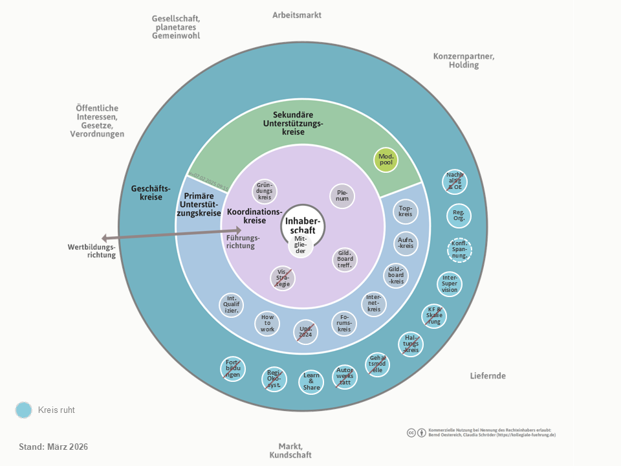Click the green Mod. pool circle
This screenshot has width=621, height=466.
click(386, 159)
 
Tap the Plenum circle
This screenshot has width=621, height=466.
click(342, 195)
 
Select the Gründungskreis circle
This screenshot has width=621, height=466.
click(264, 192)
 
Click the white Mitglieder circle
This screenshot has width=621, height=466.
click(300, 245)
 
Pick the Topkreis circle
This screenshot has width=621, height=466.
click(406, 211)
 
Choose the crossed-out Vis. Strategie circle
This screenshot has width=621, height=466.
click(282, 278)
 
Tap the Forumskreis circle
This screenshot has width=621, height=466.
click(344, 323)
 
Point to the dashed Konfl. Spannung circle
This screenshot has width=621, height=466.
click(459, 250)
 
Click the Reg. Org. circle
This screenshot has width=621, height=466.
click(459, 216)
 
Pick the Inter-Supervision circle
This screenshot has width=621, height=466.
click(450, 283)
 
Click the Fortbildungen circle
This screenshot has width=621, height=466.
click(232, 369)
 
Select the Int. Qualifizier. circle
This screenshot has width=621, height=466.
click(231, 305)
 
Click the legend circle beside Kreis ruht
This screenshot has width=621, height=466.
click(24, 410)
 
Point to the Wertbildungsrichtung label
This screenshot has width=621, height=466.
click(91, 250)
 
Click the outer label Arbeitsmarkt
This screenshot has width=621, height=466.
click(297, 15)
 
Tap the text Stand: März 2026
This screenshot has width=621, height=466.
click(54, 447)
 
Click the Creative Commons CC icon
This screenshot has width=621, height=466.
click(411, 432)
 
